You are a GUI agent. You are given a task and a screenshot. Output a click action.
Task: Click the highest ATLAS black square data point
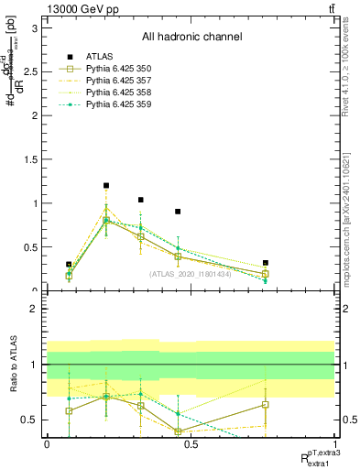(106, 186)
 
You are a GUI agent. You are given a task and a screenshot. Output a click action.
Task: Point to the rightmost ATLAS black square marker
(265, 263)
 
